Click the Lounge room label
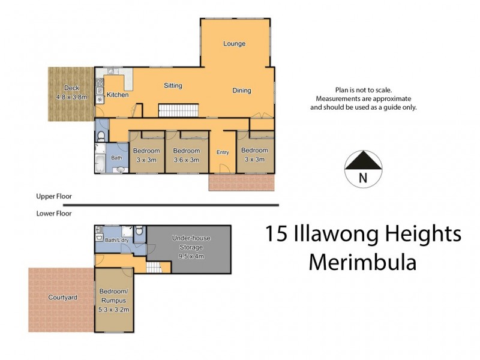[x=234, y=44]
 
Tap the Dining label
[x=242, y=91]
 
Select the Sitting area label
[x=173, y=86]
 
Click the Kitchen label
[x=118, y=95]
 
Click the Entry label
[x=223, y=152]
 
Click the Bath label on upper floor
[x=116, y=158]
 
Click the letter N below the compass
[x=362, y=178]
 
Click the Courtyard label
[x=62, y=297]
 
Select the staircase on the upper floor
[x=178, y=110]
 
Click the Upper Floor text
[x=54, y=196]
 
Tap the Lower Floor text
[x=54, y=213]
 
